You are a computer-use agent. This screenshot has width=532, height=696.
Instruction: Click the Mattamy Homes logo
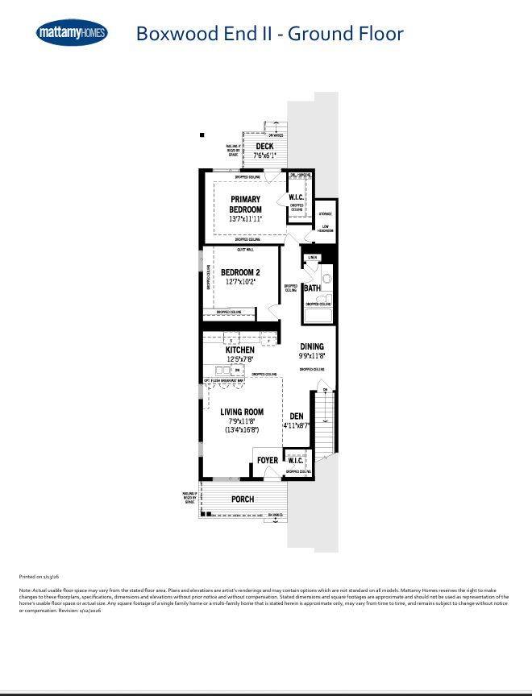(72, 32)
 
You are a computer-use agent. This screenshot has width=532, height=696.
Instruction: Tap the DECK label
(264, 147)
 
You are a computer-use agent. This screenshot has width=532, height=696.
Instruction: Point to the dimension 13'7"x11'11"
(246, 219)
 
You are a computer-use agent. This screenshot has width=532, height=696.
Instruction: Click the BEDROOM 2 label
(240, 272)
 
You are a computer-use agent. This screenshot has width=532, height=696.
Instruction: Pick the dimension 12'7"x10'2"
(240, 282)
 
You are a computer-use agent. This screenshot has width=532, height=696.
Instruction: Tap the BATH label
(312, 288)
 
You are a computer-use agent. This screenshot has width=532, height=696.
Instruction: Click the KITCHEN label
(240, 350)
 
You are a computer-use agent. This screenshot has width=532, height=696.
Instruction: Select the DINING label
(312, 346)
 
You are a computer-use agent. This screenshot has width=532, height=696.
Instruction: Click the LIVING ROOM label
(243, 412)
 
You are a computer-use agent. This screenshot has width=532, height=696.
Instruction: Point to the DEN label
(297, 416)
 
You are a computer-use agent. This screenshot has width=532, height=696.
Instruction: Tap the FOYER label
(267, 461)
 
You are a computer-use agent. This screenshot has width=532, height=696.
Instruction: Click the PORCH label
(243, 499)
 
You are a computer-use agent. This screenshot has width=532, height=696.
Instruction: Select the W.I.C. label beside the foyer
(295, 461)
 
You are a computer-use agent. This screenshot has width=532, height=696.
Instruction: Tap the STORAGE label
(325, 213)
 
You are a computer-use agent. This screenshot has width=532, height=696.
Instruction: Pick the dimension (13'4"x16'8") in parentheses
(243, 430)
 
